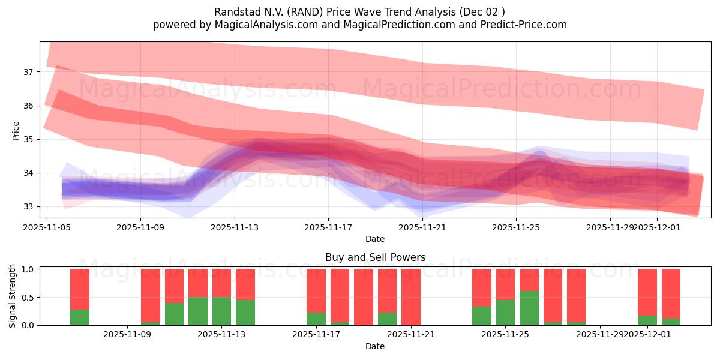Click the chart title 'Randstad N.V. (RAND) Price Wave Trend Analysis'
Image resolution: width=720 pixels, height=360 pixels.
(359, 11)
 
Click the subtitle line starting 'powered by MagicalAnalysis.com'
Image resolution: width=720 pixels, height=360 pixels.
(359, 25)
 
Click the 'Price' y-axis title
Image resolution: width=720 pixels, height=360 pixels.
(16, 130)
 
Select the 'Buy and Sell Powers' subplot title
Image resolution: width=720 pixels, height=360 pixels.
(375, 257)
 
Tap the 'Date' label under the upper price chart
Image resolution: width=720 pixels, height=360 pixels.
(375, 239)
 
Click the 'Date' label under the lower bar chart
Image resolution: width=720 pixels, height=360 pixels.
(375, 346)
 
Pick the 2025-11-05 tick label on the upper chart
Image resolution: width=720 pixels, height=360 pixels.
(47, 227)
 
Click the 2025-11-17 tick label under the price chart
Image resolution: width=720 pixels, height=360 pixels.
(328, 227)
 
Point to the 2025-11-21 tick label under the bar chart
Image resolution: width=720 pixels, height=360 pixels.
(410, 334)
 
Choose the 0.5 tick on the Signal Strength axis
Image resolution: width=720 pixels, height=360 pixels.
(28, 298)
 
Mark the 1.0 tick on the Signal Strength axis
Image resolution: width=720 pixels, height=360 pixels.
(28, 269)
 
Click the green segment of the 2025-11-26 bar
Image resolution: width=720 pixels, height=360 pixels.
(529, 308)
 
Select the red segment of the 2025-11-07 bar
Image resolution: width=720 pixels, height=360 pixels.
(80, 289)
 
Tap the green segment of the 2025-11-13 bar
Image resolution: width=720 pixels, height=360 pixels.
(221, 311)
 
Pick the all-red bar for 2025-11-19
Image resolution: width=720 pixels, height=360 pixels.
(363, 297)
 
